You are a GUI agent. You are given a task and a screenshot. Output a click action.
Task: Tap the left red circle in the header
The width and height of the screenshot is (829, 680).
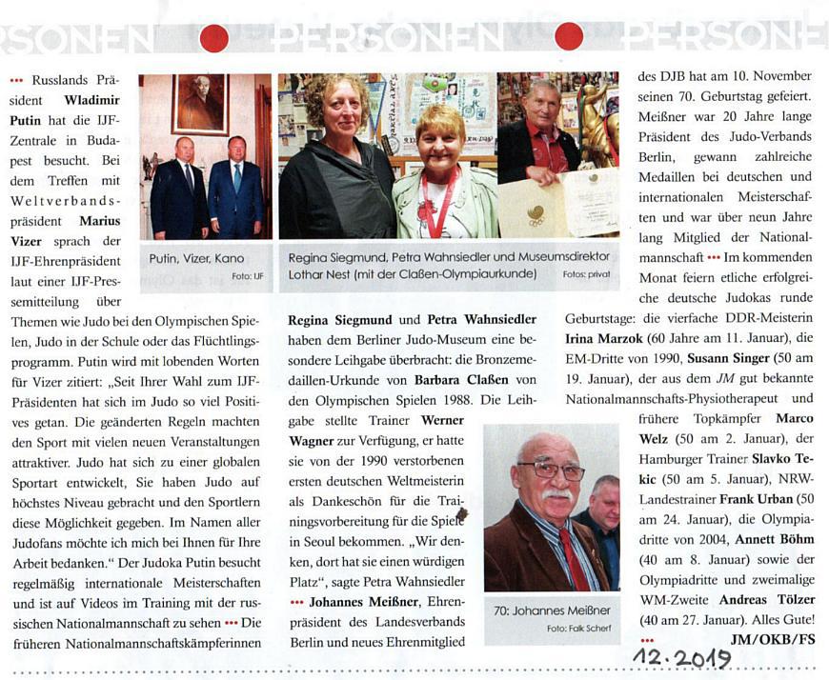point(213,38)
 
